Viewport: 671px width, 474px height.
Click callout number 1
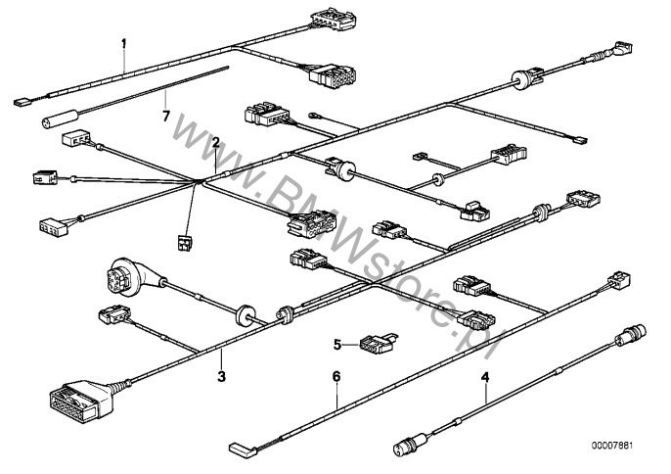[x=123, y=43]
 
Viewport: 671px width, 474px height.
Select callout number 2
[x=215, y=142]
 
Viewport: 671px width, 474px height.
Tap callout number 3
[x=221, y=377]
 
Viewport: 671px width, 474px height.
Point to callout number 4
[x=485, y=377]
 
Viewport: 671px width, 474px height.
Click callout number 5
[x=337, y=344]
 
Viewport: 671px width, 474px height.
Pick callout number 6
[x=336, y=377]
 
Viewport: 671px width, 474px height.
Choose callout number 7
[x=166, y=116]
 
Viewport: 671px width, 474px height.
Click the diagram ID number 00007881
[x=612, y=446]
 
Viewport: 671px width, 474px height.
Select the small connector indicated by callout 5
[x=378, y=344]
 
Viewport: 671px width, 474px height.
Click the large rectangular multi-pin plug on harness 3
[x=81, y=399]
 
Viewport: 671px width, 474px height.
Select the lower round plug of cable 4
[x=410, y=444]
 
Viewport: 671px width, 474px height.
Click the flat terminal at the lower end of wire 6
[x=243, y=449]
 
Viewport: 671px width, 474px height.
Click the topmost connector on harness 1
[x=334, y=19]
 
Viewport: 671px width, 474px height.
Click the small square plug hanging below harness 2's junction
[x=184, y=243]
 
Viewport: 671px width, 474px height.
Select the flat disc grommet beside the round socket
[x=245, y=315]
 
